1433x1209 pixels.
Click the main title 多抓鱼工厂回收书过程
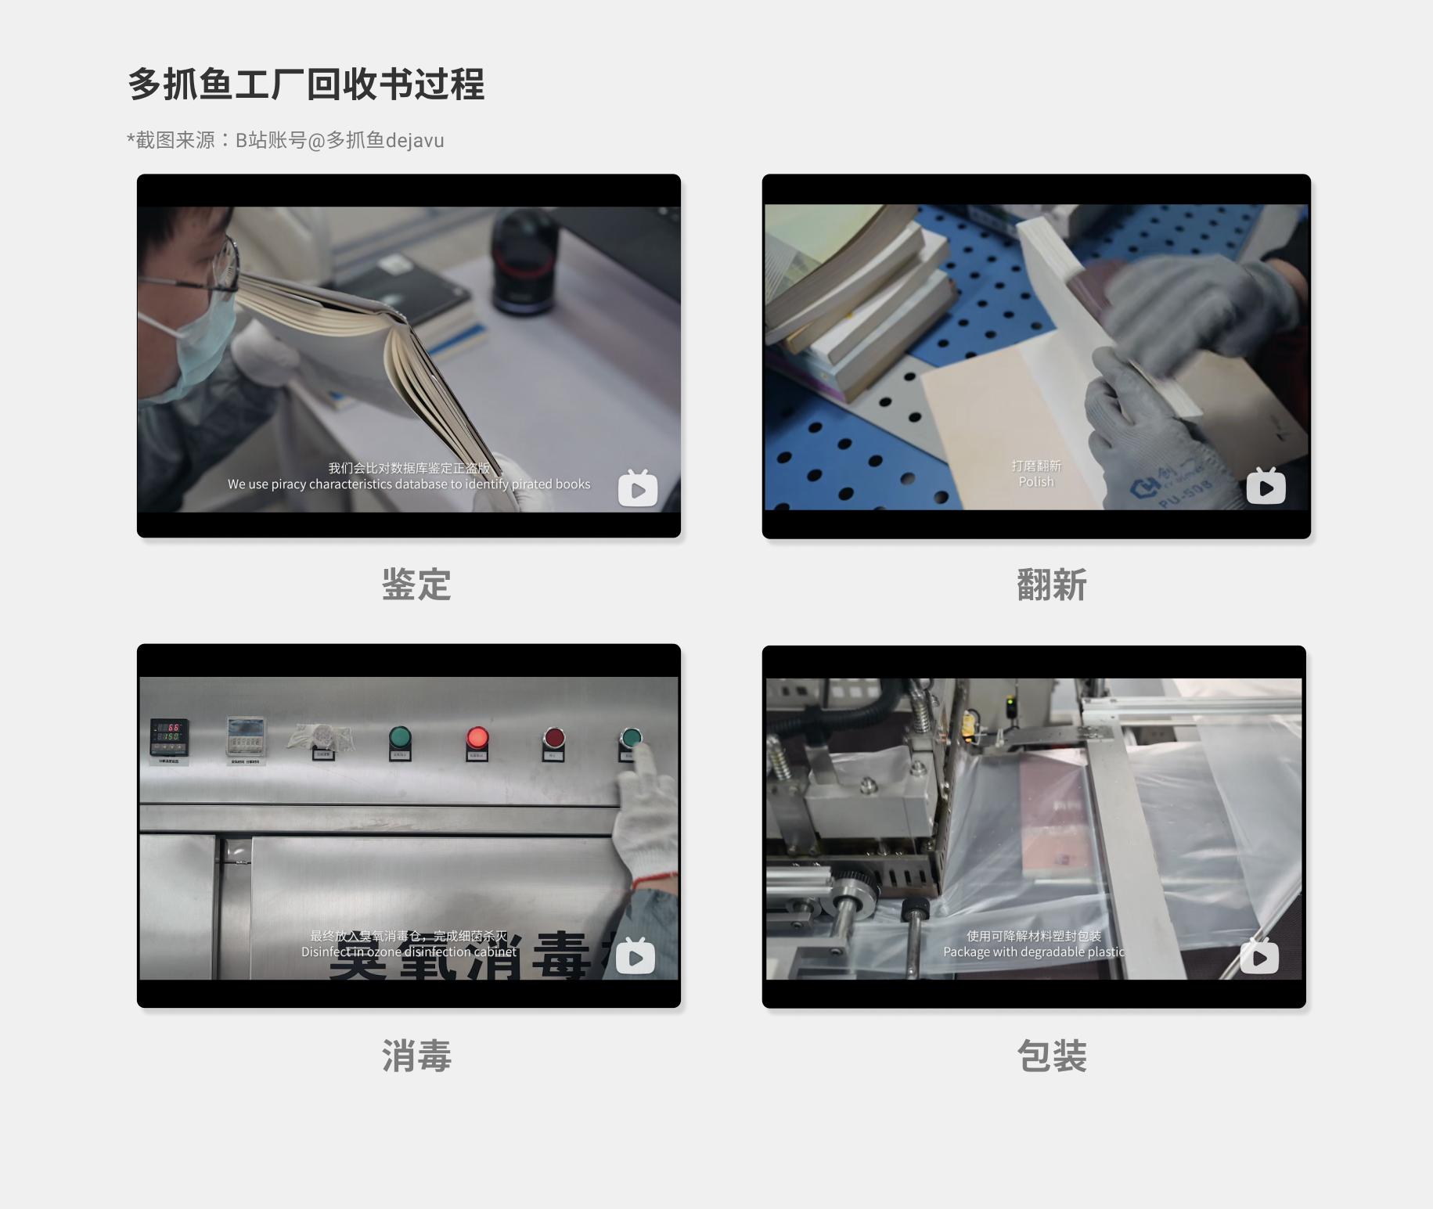click(x=306, y=85)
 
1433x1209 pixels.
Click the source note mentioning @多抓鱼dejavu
click(x=286, y=140)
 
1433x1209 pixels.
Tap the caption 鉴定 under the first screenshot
click(x=416, y=585)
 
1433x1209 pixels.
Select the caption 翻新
click(x=1051, y=585)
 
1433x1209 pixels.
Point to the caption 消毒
click(x=416, y=1056)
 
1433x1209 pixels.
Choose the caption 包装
click(x=1051, y=1056)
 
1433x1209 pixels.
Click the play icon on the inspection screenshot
click(x=637, y=489)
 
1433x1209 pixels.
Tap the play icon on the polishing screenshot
click(x=1266, y=487)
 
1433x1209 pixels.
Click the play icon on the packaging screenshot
click(x=1259, y=957)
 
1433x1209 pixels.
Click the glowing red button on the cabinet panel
click(x=477, y=737)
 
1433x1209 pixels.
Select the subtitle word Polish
click(x=1035, y=482)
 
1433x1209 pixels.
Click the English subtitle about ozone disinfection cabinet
click(x=409, y=952)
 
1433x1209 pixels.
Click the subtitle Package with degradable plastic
click(x=1033, y=952)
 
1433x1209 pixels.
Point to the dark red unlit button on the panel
click(x=553, y=738)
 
